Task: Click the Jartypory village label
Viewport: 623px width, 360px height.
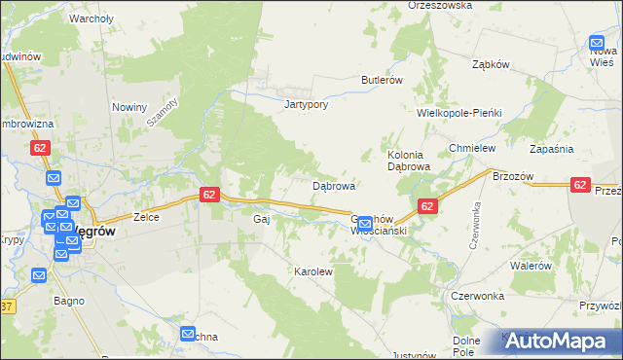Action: point(303,104)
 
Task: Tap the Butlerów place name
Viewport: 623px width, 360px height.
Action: point(382,80)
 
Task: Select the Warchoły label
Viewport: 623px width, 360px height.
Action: point(92,18)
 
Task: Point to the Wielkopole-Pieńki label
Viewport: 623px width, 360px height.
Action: point(458,113)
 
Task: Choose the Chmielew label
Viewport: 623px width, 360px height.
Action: point(473,148)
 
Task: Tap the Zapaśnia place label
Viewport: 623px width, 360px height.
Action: point(551,148)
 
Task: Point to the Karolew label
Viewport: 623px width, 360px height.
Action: point(313,271)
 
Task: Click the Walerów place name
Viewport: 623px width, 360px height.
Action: point(531,266)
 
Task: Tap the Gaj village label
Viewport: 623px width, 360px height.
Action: point(261,220)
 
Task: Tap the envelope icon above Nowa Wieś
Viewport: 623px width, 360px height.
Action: point(597,43)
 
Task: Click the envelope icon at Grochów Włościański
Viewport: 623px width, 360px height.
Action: point(364,224)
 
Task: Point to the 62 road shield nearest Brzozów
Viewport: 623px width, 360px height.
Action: point(580,184)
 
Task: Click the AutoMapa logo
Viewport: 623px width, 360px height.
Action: point(559,342)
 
